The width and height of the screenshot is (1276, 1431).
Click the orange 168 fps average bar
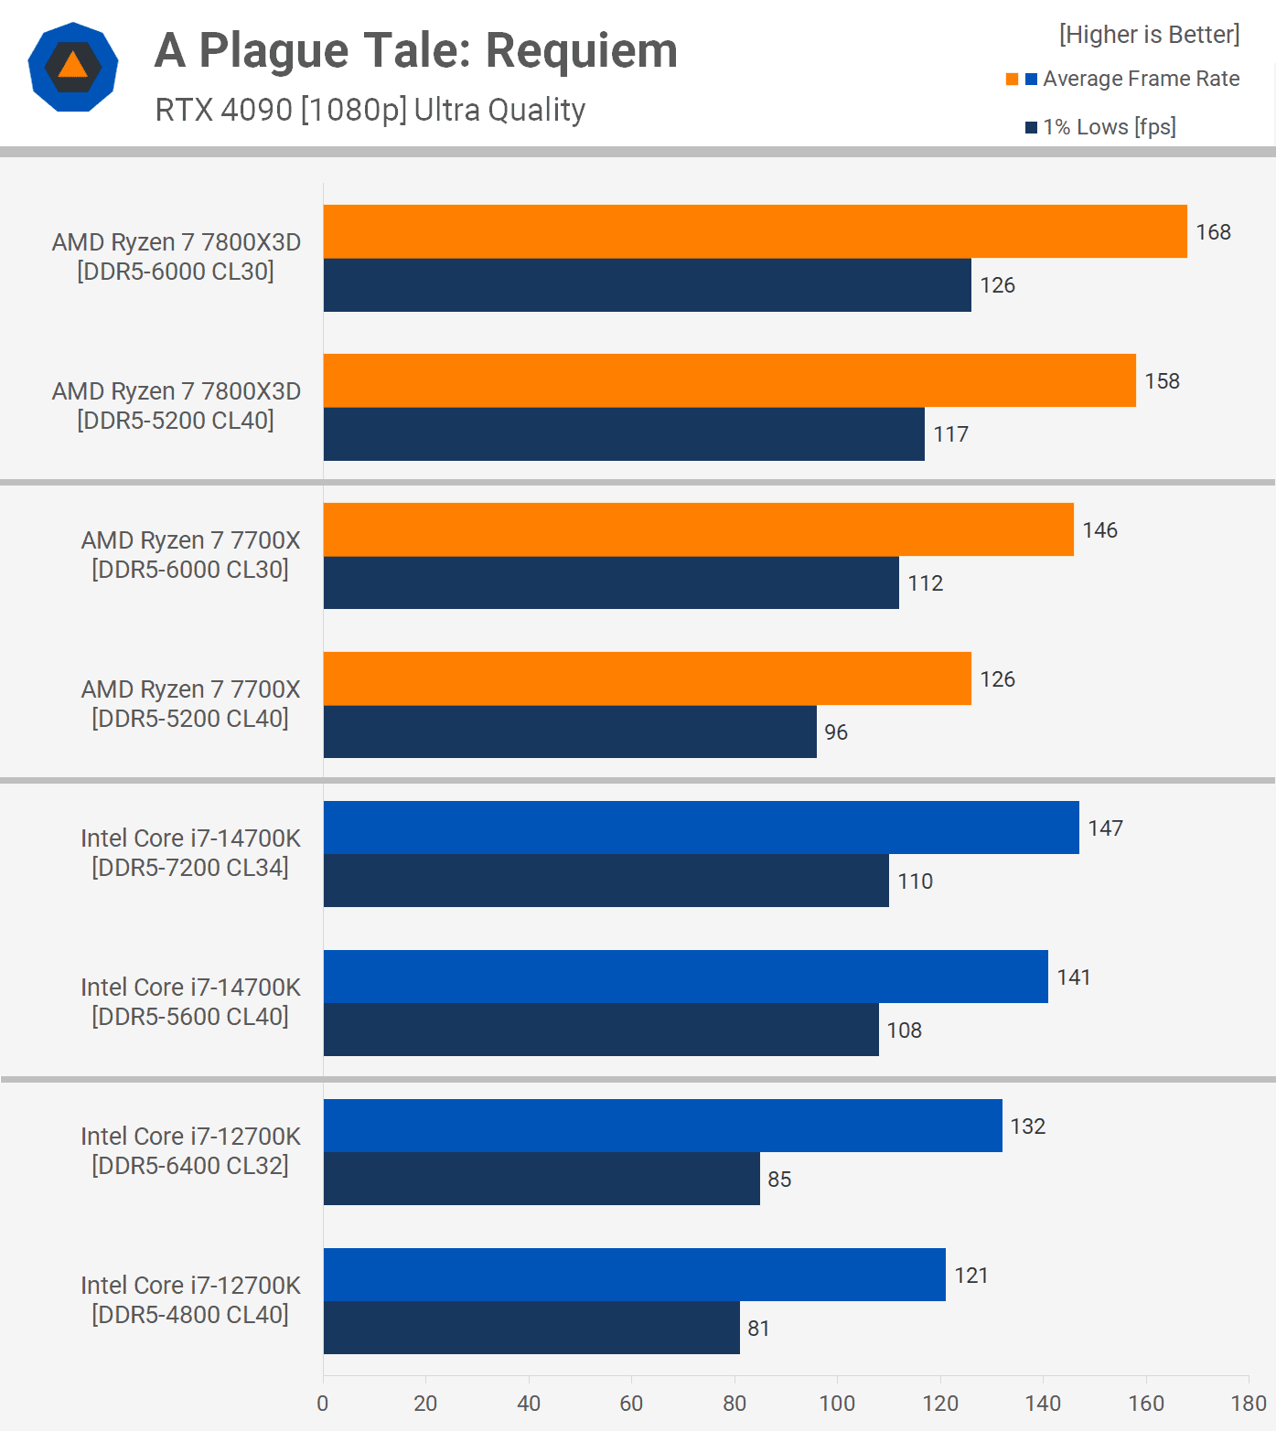coord(755,231)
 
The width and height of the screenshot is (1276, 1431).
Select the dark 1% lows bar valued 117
coord(624,434)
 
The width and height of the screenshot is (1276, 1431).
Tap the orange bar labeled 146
coord(698,529)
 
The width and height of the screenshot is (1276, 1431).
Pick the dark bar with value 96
coord(570,732)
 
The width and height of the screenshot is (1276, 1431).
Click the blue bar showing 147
coord(701,828)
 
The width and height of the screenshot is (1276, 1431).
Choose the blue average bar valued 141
coord(685,977)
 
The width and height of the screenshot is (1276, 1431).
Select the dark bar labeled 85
coord(541,1179)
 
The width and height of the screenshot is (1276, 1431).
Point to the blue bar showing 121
coord(634,1275)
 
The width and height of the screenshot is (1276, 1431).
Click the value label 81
coord(759,1329)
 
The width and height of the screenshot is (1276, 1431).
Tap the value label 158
coord(1163,381)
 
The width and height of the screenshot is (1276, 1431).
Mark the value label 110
coord(916,881)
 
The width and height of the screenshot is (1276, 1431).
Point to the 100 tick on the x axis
coord(837,1404)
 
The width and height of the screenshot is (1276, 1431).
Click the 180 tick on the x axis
coord(1249,1404)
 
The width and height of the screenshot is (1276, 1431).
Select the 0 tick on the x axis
coord(323,1404)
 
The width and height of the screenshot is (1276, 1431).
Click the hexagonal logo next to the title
coord(73,67)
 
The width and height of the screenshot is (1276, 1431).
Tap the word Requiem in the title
coord(582,50)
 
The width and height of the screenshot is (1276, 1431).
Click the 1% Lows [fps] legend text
coord(1110,127)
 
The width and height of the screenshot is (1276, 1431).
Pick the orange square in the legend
coord(1012,80)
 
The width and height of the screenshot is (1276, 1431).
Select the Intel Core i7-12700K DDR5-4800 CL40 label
coord(190,1300)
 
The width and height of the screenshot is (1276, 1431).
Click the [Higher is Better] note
coord(1149,35)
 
